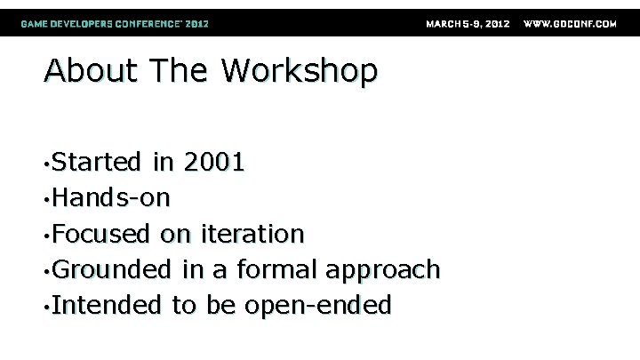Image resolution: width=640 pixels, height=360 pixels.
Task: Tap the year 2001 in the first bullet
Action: pyautogui.click(x=214, y=162)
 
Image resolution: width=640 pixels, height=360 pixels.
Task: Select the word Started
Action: pyautogui.click(x=97, y=162)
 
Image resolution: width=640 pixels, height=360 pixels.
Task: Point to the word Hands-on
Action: pyautogui.click(x=110, y=197)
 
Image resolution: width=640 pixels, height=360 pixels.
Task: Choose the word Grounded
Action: pyautogui.click(x=112, y=269)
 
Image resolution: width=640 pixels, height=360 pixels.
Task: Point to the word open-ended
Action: pyautogui.click(x=317, y=307)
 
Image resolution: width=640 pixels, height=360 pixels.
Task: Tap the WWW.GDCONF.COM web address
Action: pyautogui.click(x=571, y=23)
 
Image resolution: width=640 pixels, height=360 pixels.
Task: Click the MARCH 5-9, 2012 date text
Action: pyautogui.click(x=468, y=23)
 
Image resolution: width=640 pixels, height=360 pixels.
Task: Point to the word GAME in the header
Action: pyautogui.click(x=36, y=23)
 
